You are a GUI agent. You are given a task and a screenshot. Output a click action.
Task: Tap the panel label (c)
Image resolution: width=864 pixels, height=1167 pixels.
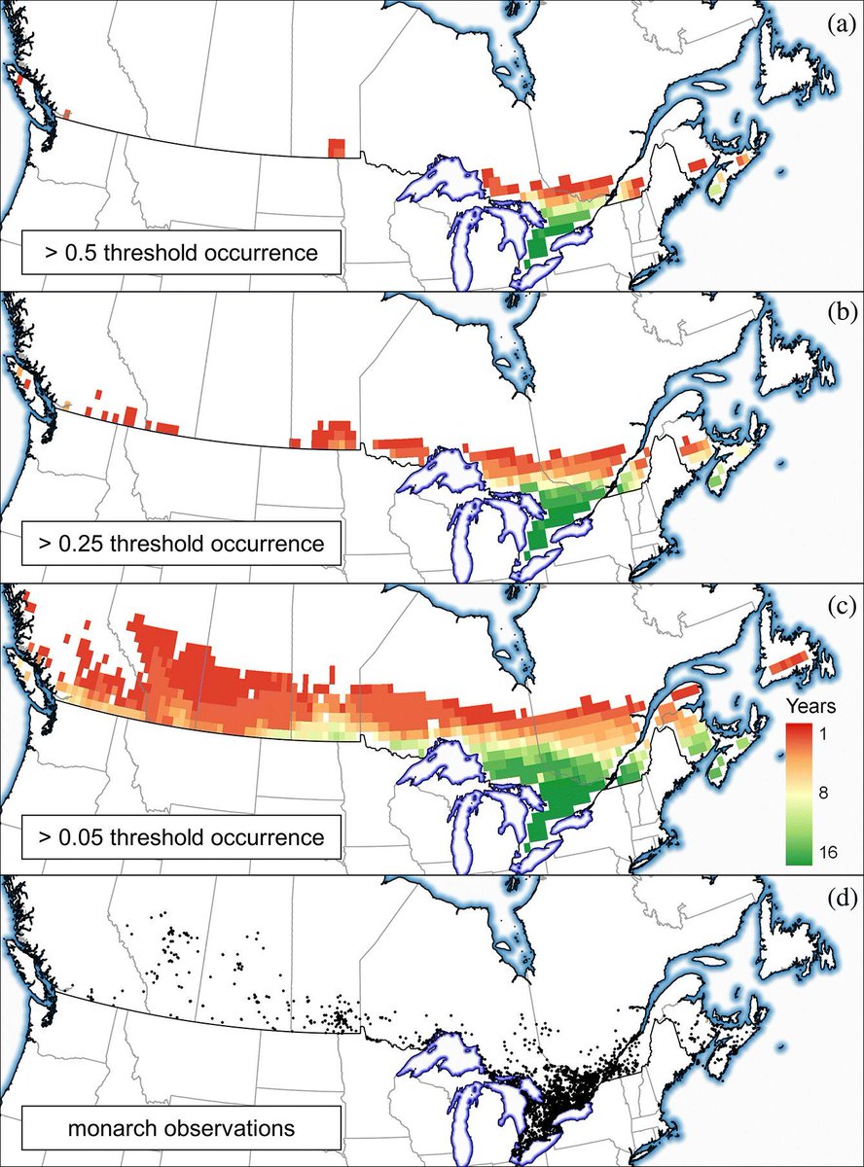[x=840, y=607]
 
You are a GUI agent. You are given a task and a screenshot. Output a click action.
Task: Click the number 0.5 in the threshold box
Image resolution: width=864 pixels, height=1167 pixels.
[x=75, y=253]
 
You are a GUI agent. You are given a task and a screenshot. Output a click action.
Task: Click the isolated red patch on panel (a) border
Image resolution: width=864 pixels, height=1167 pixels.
[x=337, y=148]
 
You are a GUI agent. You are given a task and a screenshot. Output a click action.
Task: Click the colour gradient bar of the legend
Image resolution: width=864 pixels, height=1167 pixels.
[x=800, y=793]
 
